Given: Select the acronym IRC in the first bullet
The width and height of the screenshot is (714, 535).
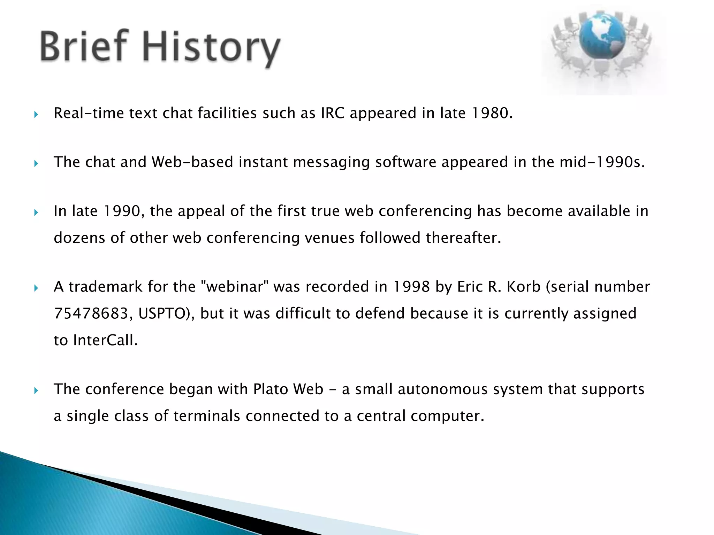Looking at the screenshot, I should coord(333,113).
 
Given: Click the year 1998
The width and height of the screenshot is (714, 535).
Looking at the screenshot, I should coord(411,287).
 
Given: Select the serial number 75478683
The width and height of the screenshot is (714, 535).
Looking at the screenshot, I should coord(91,313).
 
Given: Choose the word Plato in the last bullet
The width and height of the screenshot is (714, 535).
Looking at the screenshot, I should coord(270,389).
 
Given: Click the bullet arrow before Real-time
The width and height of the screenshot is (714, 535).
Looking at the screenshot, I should coord(36,114).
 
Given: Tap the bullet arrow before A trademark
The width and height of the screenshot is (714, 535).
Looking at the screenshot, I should coord(36,288).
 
